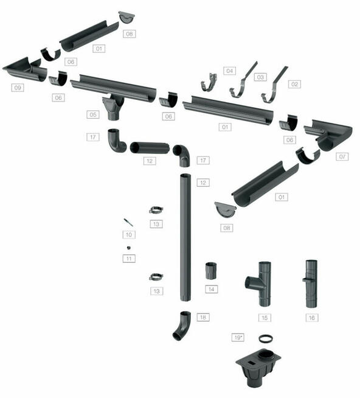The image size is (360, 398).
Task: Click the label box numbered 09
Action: tap(18, 88)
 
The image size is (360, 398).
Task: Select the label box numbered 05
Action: tap(93, 114)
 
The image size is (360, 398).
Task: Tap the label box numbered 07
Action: tap(342, 156)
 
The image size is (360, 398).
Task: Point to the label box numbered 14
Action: tap(212, 289)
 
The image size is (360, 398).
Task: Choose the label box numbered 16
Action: tap(312, 318)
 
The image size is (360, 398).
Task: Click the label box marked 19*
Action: tap(238, 338)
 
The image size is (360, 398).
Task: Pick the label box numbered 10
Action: tap(129, 234)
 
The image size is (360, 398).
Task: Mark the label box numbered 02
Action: tap(294, 84)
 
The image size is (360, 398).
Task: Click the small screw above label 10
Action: tap(128, 222)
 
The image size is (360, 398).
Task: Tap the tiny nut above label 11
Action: tap(129, 248)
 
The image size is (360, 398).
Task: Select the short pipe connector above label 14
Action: tap(211, 271)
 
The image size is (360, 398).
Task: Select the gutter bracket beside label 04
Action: tap(209, 83)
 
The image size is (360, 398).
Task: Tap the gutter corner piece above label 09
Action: tap(25, 69)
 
